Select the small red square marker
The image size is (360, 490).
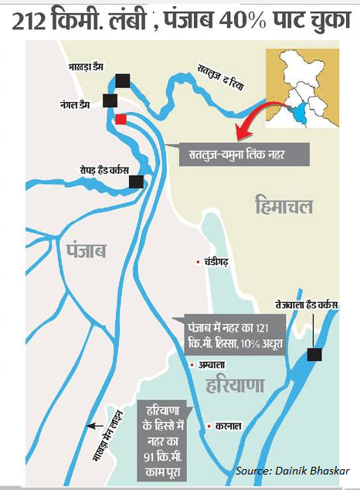click(x=121, y=119)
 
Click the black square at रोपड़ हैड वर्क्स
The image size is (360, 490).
click(x=137, y=182)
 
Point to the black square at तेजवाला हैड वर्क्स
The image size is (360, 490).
click(x=314, y=355)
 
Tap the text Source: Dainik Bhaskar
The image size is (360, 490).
click(x=293, y=471)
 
